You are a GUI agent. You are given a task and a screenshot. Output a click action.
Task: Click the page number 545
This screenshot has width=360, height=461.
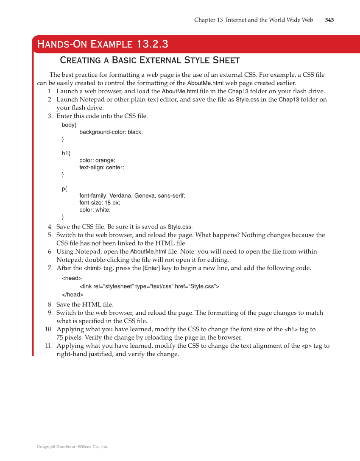pyautogui.click(x=329, y=20)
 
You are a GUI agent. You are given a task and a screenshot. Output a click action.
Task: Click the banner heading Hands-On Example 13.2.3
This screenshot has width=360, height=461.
pyautogui.click(x=103, y=44)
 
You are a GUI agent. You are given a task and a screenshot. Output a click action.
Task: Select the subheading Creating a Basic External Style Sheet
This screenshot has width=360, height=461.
pyautogui.click(x=150, y=60)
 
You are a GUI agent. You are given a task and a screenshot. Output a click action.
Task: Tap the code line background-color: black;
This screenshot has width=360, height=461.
pyautogui.click(x=111, y=132)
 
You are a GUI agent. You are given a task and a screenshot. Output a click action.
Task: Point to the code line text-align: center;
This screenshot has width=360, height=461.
pyautogui.click(x=101, y=167)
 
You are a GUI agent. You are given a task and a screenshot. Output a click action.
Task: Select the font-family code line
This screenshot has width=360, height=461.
pyautogui.click(x=132, y=196)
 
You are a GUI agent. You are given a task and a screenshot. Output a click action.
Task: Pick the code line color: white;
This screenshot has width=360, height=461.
pyautogui.click(x=95, y=210)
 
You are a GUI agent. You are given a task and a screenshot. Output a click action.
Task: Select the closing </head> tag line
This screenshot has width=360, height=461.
pyautogui.click(x=73, y=294)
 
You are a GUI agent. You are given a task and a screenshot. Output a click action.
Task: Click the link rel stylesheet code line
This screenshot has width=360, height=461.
pyautogui.click(x=149, y=286)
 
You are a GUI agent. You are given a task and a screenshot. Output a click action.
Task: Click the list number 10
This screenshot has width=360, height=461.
pyautogui.click(x=48, y=330)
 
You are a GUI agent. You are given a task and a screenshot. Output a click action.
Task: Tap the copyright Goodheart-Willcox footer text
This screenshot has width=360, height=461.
pyautogui.click(x=73, y=447)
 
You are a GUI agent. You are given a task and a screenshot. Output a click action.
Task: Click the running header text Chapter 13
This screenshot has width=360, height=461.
pyautogui.click(x=208, y=20)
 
